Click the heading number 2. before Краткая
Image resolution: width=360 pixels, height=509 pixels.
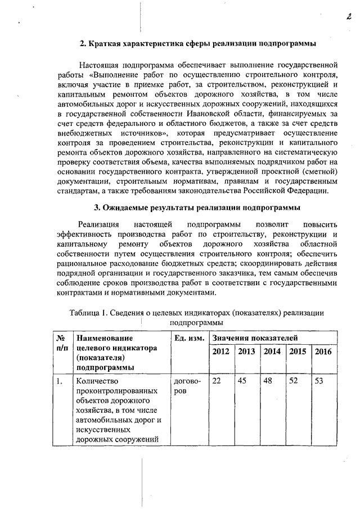[x=83, y=43]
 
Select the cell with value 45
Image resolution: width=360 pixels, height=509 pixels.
[x=242, y=381]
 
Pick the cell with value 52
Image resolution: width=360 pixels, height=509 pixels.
[x=294, y=381]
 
